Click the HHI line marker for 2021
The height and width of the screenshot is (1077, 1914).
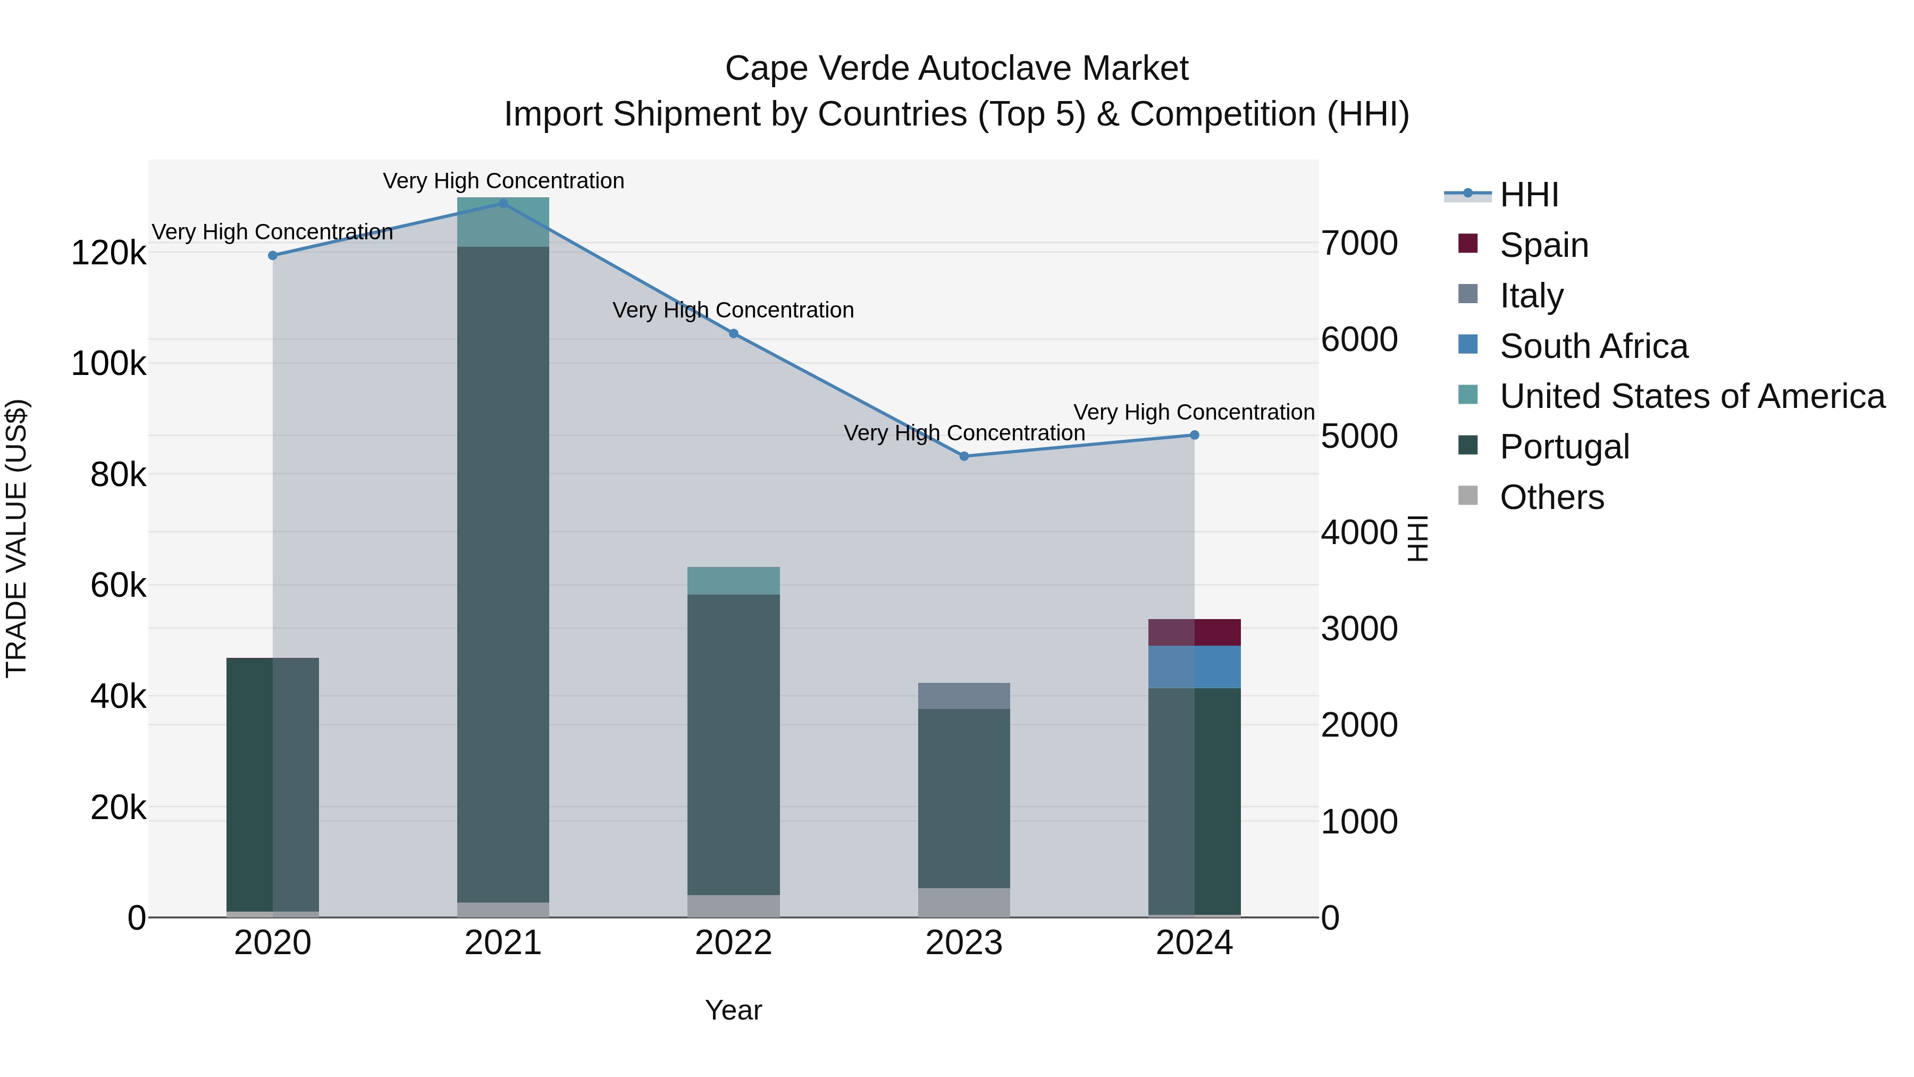pos(503,203)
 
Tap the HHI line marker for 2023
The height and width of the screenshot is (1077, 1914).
pos(964,456)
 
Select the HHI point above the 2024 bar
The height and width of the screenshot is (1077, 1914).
pos(1194,435)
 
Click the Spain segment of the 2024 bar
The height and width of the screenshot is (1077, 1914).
pos(1194,632)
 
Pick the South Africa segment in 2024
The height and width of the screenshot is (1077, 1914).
pos(1194,667)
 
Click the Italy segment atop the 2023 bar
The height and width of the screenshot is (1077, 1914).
pos(964,696)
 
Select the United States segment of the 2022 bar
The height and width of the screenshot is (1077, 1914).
pos(733,580)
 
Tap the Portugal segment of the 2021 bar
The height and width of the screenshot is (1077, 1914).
pos(503,572)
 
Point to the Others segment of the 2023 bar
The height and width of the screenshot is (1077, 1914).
pos(964,903)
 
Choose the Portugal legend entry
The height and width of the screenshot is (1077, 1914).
pos(1564,447)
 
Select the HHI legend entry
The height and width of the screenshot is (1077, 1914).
pos(1529,195)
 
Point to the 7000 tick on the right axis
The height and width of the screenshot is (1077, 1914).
pos(1359,243)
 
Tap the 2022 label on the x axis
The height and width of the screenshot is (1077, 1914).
pos(733,943)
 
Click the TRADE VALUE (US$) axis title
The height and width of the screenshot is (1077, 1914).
pos(16,538)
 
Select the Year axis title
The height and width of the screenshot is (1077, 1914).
pos(733,1010)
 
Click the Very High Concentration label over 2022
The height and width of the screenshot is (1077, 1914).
pos(733,310)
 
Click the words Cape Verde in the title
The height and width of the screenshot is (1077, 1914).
pos(817,69)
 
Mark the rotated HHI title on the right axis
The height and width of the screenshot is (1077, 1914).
pos(1417,538)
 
